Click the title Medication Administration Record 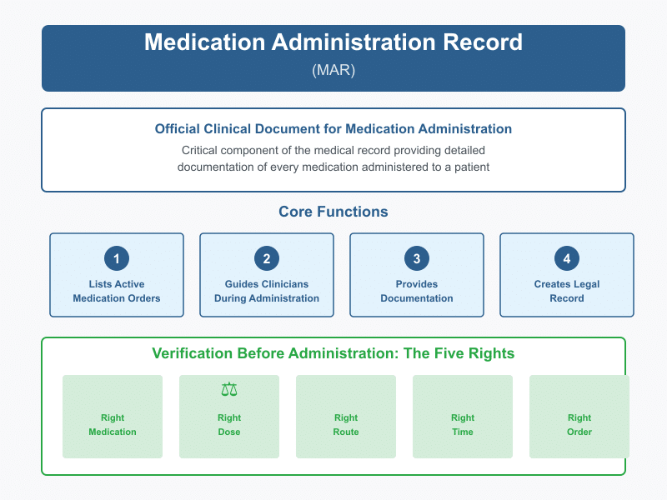[333, 43]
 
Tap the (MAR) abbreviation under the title [333, 70]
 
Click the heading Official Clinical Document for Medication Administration [333, 129]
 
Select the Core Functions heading [333, 212]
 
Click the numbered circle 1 [117, 258]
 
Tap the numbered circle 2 [267, 258]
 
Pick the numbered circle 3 [417, 258]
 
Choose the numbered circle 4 [567, 258]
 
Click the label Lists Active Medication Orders [117, 291]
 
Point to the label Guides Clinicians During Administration [267, 291]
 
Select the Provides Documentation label [417, 291]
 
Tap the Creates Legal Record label [567, 291]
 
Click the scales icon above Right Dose [229, 389]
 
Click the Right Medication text [113, 425]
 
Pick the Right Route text [346, 425]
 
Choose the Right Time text [463, 425]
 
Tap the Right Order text [579, 425]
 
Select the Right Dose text [229, 425]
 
